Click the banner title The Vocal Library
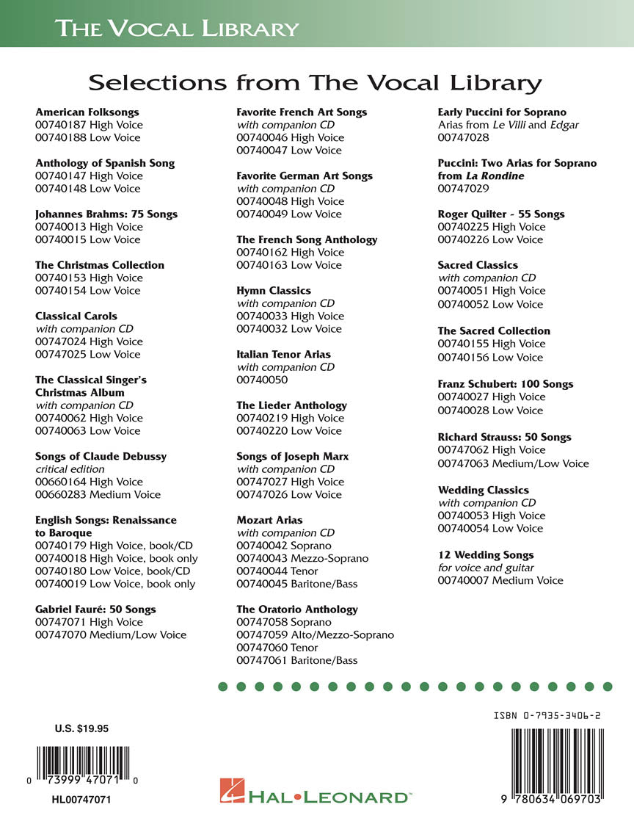click(177, 29)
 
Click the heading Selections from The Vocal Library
click(315, 82)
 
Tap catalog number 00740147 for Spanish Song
click(60, 176)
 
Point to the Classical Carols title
click(76, 316)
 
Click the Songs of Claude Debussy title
click(101, 456)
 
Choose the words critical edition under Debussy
click(70, 469)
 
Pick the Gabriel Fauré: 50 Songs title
click(95, 610)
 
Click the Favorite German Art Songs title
click(305, 176)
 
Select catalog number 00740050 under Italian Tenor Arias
click(262, 380)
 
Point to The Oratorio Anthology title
click(297, 610)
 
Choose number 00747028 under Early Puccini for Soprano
click(463, 137)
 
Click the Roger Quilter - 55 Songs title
click(501, 214)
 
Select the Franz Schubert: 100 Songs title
click(506, 384)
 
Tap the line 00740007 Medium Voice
click(500, 580)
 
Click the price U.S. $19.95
click(81, 729)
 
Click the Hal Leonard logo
click(315, 796)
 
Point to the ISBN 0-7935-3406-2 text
click(549, 715)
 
